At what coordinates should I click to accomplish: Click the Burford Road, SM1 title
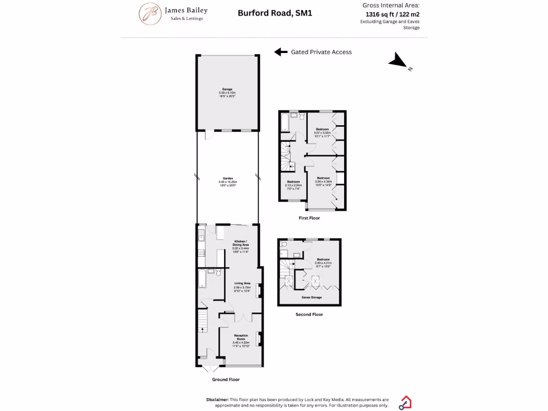[275, 12]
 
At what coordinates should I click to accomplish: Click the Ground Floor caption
[226, 379]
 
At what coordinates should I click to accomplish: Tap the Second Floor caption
[309, 315]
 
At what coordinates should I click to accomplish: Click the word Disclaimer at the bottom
[217, 400]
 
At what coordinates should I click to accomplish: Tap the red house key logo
[405, 402]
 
